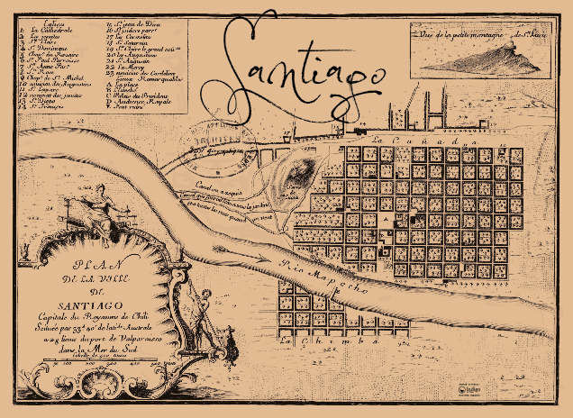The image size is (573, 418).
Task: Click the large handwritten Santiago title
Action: (297, 77)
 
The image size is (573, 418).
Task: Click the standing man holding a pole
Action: (207, 315)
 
